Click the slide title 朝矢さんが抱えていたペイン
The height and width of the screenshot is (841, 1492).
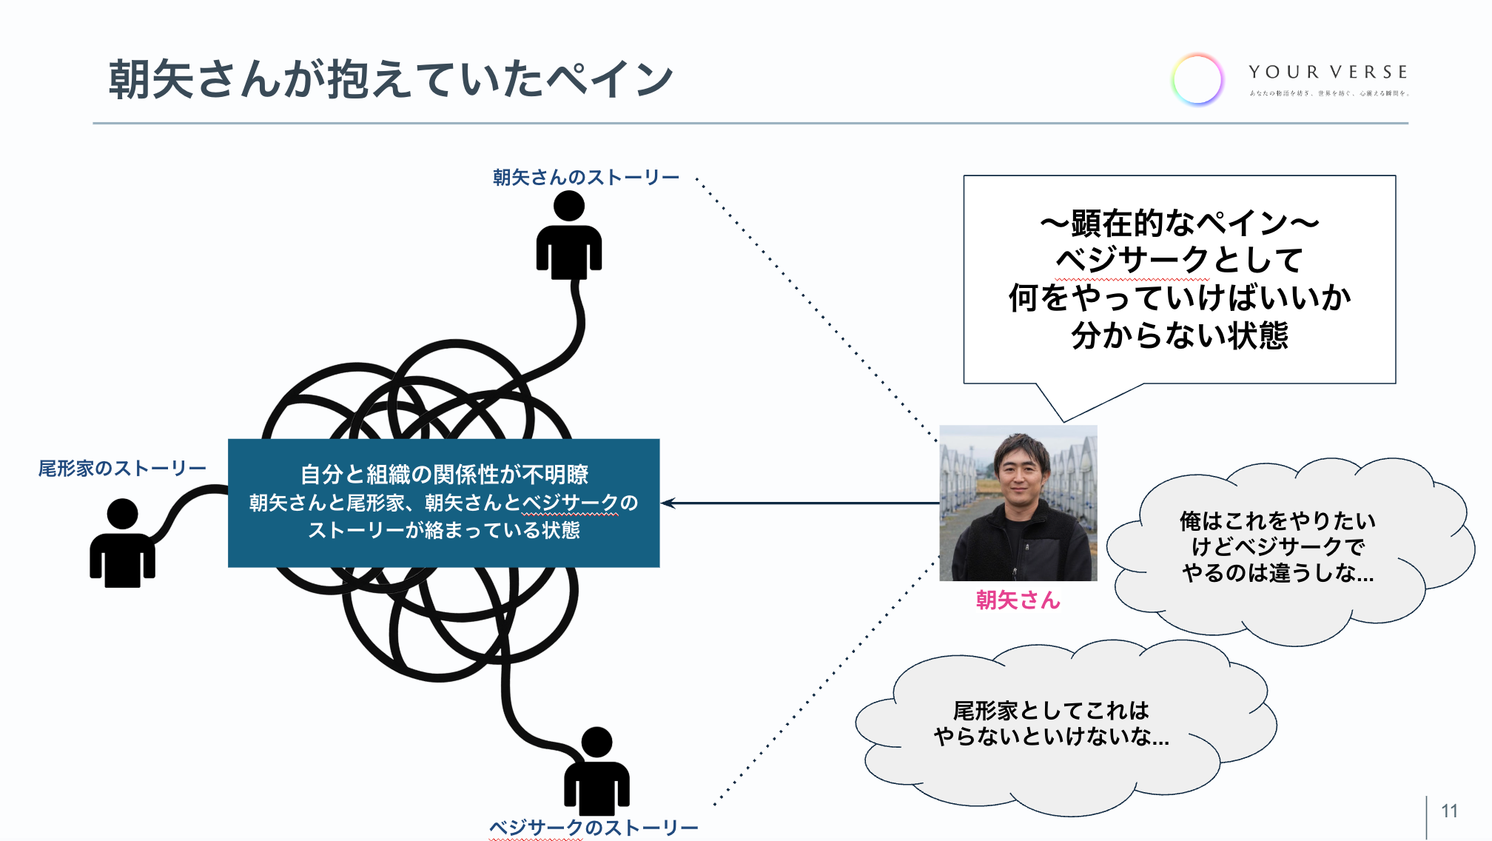(390, 79)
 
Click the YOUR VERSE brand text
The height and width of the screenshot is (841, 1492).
(1328, 73)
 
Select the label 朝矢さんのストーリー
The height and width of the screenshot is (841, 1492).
(585, 178)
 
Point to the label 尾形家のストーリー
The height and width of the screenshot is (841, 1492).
(122, 469)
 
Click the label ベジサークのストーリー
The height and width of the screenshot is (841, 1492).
(593, 828)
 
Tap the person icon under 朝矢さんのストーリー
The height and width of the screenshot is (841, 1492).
(568, 235)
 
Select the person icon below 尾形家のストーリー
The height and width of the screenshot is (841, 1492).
(122, 543)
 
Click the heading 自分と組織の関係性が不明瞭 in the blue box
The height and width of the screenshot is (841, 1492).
(444, 474)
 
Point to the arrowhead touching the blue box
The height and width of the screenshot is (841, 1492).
(666, 503)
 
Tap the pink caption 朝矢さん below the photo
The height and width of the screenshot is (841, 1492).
(1018, 600)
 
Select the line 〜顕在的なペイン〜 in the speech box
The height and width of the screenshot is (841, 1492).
(1180, 223)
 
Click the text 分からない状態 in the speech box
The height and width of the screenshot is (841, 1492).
(1180, 336)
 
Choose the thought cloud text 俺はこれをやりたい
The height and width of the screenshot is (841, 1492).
(1277, 521)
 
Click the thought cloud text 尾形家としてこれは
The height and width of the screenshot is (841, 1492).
(1051, 711)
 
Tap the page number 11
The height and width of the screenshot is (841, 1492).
(1449, 811)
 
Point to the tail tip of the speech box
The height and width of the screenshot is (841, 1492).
(1063, 420)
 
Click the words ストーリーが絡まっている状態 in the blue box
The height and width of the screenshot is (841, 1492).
(444, 531)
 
